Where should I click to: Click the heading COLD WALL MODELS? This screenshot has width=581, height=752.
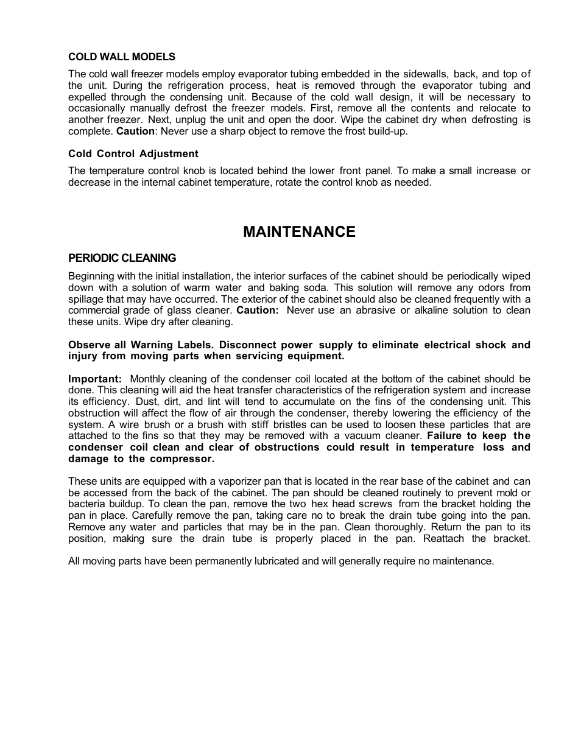(x=121, y=57)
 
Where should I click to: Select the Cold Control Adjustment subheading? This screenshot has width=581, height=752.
(x=133, y=153)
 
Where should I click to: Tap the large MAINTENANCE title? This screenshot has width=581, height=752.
(x=299, y=231)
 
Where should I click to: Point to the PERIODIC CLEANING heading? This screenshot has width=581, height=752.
(x=122, y=258)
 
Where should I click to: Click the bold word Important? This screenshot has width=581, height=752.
(x=95, y=379)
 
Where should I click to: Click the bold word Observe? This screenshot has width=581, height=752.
(x=90, y=345)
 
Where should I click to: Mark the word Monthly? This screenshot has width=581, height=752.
(x=147, y=379)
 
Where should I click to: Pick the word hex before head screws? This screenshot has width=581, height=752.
(x=320, y=504)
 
